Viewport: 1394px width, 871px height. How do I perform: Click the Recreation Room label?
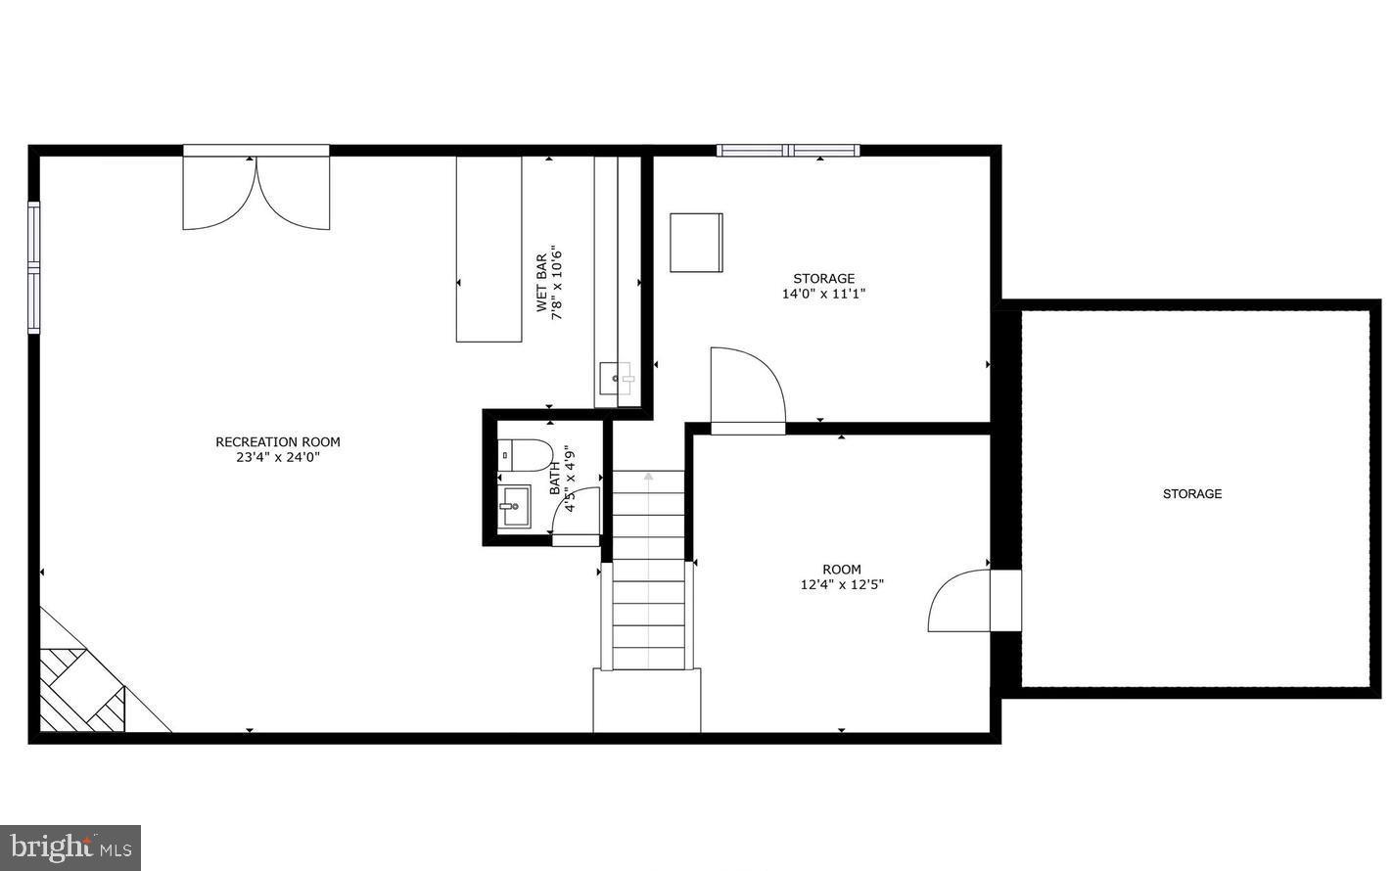278,441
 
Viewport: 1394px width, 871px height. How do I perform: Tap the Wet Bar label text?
541,283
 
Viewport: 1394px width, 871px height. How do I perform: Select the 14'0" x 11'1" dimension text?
824,294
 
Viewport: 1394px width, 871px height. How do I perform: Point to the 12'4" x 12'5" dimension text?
842,585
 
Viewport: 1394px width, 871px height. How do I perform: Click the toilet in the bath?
526,455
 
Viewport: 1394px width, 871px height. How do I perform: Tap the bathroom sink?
515,506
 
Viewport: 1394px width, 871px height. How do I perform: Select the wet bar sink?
616,379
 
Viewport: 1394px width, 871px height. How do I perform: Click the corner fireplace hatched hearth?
82,690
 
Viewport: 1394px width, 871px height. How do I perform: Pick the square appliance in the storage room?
696,243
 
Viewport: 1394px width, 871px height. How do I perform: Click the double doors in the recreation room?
256,193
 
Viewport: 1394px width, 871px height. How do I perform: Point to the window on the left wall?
33,267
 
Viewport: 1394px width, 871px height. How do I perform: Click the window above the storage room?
788,150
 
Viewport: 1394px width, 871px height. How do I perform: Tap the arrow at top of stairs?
648,477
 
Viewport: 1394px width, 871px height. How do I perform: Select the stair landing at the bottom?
647,701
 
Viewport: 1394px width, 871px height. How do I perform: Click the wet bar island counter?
488,249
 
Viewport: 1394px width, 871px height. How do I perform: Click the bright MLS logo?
70,848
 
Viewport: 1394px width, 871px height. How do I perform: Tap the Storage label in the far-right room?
1192,494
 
